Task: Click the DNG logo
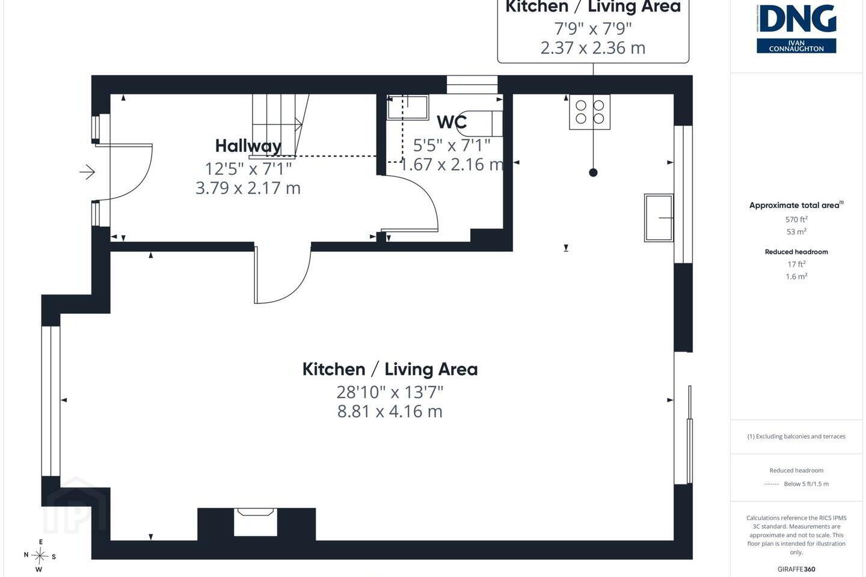click(x=796, y=29)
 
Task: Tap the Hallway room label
click(x=248, y=146)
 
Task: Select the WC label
click(x=452, y=122)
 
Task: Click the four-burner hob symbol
click(x=589, y=112)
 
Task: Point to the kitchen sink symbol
click(x=659, y=218)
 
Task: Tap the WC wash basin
click(x=408, y=107)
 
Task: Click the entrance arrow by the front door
click(x=87, y=172)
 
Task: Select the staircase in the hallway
click(x=279, y=126)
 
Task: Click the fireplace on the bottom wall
click(x=256, y=522)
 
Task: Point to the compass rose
click(x=40, y=556)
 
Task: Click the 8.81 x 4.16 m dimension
click(x=390, y=411)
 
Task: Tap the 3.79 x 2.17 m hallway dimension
click(x=248, y=188)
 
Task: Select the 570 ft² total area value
click(x=796, y=219)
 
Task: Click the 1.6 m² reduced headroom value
click(x=796, y=276)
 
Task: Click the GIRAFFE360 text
click(x=796, y=569)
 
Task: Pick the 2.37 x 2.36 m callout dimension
click(x=593, y=48)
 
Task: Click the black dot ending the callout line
click(x=593, y=172)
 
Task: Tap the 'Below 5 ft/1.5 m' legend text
click(x=806, y=484)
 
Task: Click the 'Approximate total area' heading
click(x=794, y=205)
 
